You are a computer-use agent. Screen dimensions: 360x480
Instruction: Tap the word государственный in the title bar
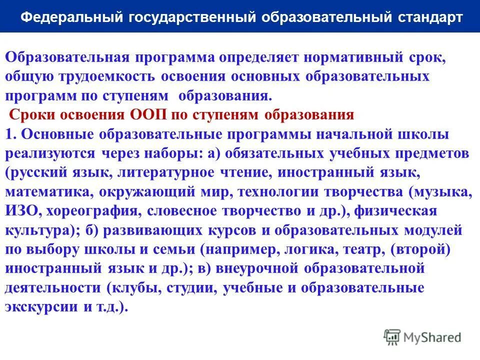click(192, 17)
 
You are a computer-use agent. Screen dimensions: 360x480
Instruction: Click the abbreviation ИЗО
click(23, 211)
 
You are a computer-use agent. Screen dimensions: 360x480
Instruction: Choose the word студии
click(193, 288)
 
